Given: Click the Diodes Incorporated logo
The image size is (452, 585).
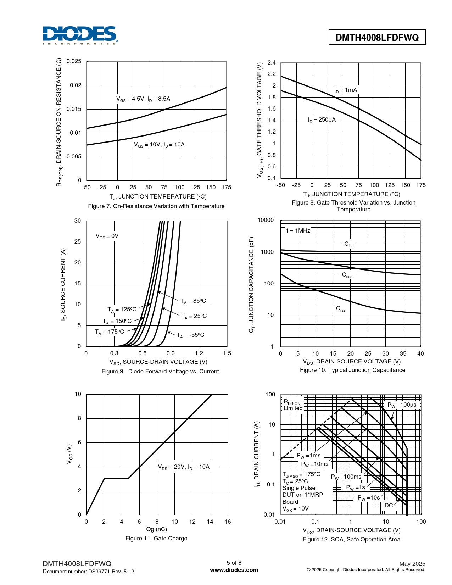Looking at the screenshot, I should [x=80, y=35].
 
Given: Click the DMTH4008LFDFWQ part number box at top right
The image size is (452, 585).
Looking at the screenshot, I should [x=377, y=38].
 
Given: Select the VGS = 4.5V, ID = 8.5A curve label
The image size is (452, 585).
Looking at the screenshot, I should [x=143, y=99].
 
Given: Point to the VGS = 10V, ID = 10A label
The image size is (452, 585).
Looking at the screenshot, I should [x=159, y=145].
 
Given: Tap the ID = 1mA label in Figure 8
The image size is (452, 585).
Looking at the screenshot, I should [x=346, y=90].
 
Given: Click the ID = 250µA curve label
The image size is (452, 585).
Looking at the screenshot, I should [x=322, y=120].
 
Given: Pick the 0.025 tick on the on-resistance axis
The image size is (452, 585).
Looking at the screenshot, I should [x=74, y=61].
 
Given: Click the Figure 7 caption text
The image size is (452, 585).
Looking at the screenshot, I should [x=156, y=206].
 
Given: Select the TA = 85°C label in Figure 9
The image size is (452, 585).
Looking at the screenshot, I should [x=193, y=301].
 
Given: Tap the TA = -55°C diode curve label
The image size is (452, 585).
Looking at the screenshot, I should [x=190, y=335].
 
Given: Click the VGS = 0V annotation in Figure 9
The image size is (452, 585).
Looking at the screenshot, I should [x=107, y=236].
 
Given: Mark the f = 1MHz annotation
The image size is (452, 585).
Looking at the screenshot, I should [x=298, y=231].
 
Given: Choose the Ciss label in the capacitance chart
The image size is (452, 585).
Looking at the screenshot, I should [x=349, y=244].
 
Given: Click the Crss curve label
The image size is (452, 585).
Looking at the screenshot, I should [x=341, y=309].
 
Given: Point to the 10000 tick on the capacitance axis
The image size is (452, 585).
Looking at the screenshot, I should [x=266, y=220].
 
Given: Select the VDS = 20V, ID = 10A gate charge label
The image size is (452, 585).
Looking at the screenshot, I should [x=184, y=467].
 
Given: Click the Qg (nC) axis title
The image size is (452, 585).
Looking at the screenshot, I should [x=156, y=529].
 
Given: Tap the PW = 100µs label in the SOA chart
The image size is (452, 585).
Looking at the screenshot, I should [x=402, y=405].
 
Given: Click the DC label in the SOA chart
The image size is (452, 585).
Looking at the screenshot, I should [x=389, y=505].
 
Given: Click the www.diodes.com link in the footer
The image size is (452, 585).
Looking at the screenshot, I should [x=234, y=570].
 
